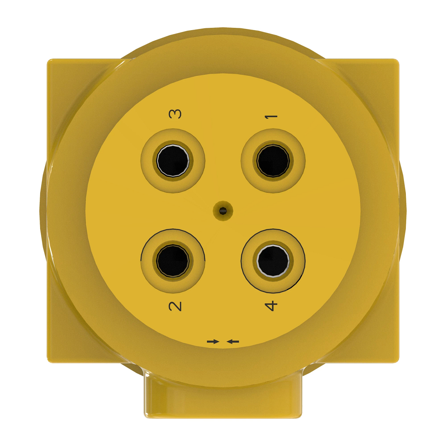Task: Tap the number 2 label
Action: click(175, 306)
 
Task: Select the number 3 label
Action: click(175, 114)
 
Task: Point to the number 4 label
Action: click(271, 306)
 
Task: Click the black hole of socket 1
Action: click(273, 161)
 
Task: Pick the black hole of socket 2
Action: click(173, 260)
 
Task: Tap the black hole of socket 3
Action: click(173, 161)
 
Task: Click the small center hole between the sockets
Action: click(223, 211)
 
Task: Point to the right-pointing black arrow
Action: click(213, 341)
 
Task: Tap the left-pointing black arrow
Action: click(233, 341)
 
